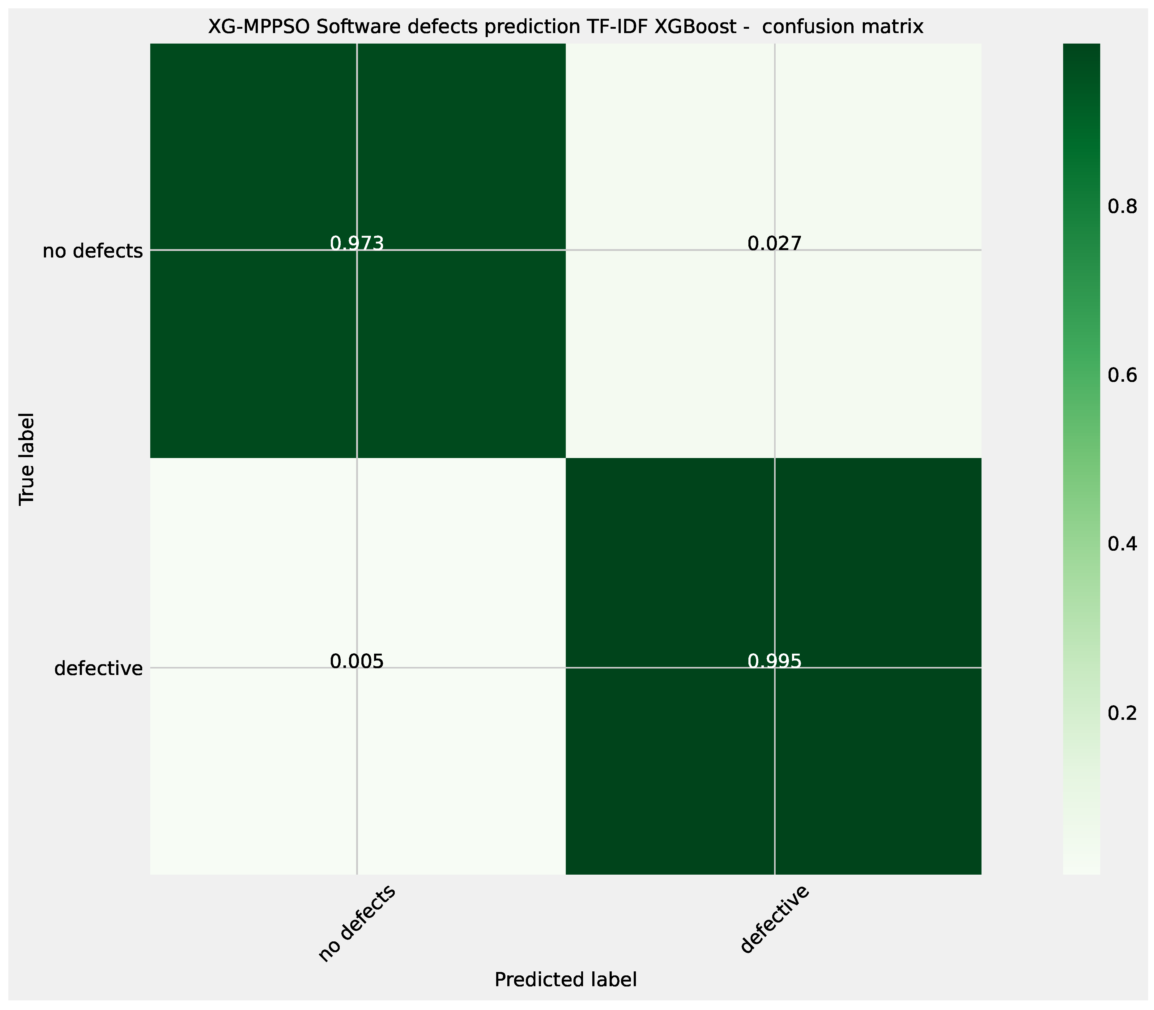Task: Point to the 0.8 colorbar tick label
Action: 1122,207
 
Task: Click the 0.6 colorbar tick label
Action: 1122,376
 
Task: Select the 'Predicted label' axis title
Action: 565,980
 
